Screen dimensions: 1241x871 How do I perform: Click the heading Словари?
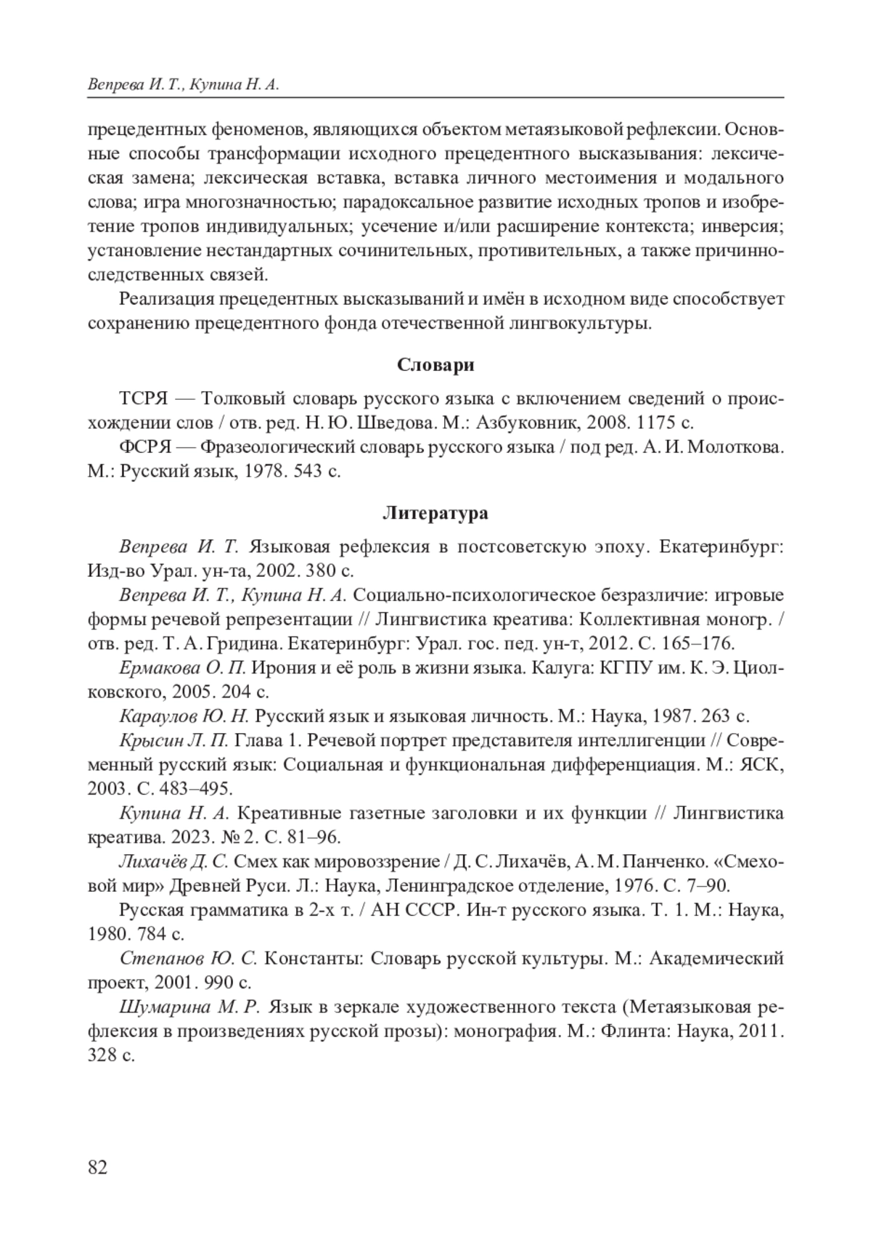coord(435,365)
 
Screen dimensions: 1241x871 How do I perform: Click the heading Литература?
coord(435,514)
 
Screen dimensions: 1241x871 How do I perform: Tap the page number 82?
coord(97,1168)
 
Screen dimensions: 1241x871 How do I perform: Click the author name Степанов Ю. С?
coord(188,959)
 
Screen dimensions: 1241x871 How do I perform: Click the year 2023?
coord(191,837)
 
